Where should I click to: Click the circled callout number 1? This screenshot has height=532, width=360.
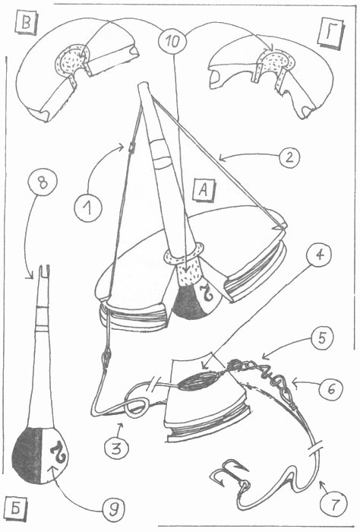pyautogui.click(x=88, y=207)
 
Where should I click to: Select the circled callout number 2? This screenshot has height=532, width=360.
pyautogui.click(x=289, y=158)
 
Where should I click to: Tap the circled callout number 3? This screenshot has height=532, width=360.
pyautogui.click(x=116, y=448)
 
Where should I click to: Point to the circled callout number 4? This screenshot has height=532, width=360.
pyautogui.click(x=318, y=255)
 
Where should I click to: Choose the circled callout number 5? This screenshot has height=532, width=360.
pyautogui.click(x=321, y=338)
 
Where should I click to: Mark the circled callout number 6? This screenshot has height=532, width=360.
pyautogui.click(x=330, y=388)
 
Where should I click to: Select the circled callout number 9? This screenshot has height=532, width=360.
pyautogui.click(x=113, y=509)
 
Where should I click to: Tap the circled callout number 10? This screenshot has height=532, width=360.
pyautogui.click(x=172, y=42)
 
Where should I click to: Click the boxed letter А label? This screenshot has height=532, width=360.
pyautogui.click(x=204, y=190)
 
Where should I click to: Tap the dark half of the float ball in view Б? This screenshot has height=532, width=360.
pyautogui.click(x=28, y=454)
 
